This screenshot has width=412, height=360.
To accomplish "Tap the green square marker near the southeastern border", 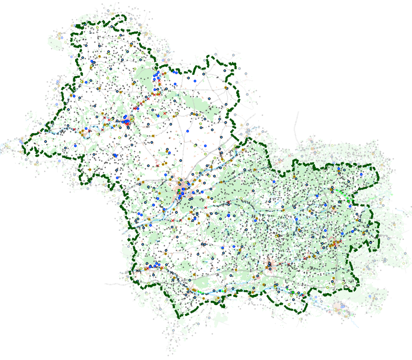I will pos(293,293).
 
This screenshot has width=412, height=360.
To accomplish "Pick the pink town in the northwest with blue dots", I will pos(127,121).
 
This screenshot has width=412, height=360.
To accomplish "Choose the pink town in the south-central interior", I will pos(271,265).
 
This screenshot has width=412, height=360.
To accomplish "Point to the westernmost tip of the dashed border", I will pos(24,143).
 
